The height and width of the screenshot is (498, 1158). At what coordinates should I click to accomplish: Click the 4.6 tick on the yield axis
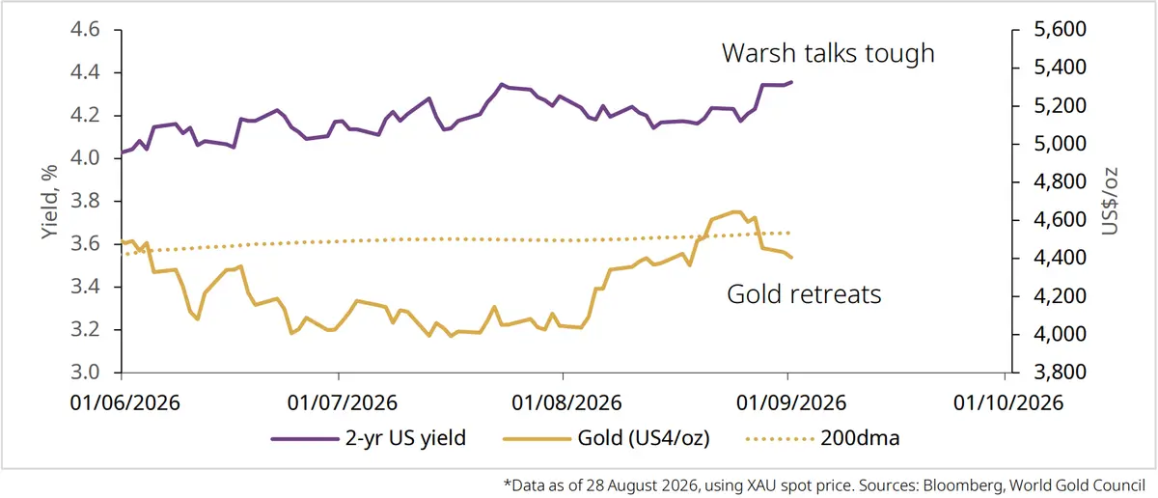[x=85, y=30]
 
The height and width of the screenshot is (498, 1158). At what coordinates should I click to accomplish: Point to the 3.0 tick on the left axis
[x=85, y=372]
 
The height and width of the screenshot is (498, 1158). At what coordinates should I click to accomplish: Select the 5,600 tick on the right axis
[x=1060, y=29]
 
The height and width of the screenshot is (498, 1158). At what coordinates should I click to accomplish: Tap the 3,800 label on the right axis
[x=1060, y=372]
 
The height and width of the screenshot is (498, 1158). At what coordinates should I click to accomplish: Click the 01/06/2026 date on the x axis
[x=125, y=402]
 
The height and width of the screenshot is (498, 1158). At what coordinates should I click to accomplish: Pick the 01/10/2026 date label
[x=1008, y=402]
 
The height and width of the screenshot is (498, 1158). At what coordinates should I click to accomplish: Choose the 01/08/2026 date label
[x=566, y=402]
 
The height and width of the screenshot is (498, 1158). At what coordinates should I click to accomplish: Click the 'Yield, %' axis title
[x=49, y=203]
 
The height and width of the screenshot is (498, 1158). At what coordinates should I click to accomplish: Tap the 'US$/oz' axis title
[x=1110, y=201]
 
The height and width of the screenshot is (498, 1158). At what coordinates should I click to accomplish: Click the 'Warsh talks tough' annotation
[x=828, y=53]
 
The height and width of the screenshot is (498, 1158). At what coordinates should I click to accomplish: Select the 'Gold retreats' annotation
[x=804, y=294]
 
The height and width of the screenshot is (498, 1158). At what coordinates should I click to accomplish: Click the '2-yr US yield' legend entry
[x=369, y=438]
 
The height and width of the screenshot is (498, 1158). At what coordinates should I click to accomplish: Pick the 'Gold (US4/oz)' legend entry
[x=606, y=438]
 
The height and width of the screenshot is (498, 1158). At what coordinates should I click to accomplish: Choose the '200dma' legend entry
[x=823, y=438]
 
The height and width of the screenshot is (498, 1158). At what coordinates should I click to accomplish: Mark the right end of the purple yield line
[x=791, y=82]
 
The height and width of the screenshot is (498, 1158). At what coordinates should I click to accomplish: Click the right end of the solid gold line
[x=791, y=257]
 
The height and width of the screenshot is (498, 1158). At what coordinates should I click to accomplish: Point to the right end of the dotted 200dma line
[x=789, y=234]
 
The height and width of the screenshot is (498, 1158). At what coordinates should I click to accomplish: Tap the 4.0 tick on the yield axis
[x=85, y=157]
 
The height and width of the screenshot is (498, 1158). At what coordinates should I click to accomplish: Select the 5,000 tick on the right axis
[x=1060, y=143]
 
